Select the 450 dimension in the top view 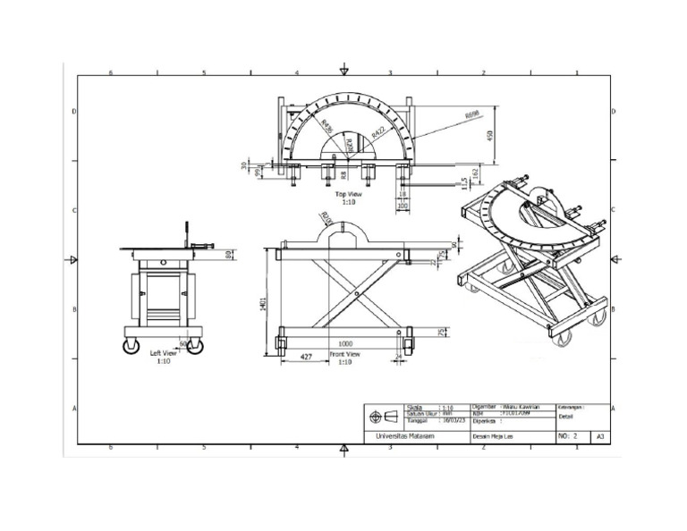click(489, 134)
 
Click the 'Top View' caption click(348, 194)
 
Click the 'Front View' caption click(344, 354)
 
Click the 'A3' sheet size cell click(599, 437)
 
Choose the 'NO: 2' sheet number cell click(570, 436)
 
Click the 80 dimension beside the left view click(231, 256)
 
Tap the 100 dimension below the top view click(403, 205)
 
